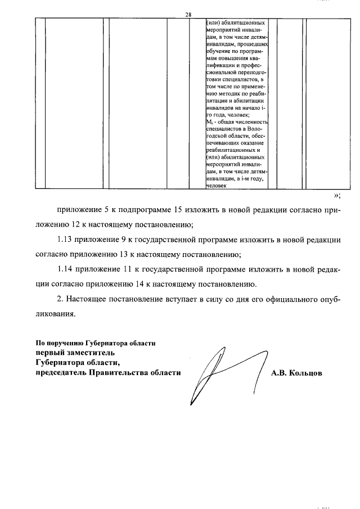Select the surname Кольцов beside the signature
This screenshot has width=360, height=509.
coord(304,372)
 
